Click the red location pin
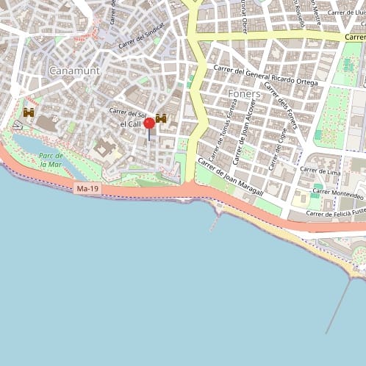[x=149, y=123]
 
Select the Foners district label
[x=244, y=94]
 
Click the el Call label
[x=131, y=125]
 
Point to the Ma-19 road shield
[x=87, y=189]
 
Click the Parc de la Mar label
[x=51, y=160]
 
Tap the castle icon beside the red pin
[x=162, y=118]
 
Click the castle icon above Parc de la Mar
[x=29, y=112]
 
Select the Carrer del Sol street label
[x=127, y=112]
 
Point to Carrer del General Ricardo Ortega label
[x=265, y=76]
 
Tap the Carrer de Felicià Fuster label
[x=335, y=213]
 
